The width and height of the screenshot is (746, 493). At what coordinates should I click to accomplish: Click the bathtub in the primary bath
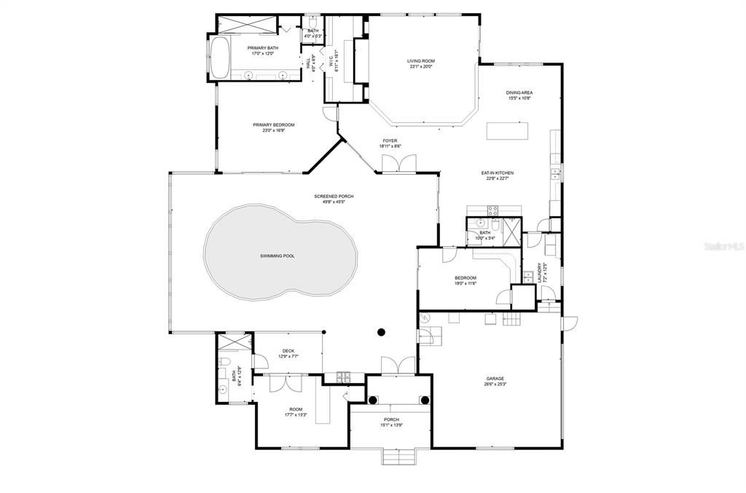point(219,58)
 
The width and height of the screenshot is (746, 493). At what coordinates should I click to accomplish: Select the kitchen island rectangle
point(509,130)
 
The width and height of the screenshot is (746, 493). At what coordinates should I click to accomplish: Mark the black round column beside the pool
point(380,332)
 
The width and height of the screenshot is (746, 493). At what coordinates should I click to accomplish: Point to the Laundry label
point(539,274)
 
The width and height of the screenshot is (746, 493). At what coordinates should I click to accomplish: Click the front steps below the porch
point(398,458)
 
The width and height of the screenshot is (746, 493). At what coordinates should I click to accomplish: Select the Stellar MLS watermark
point(723,248)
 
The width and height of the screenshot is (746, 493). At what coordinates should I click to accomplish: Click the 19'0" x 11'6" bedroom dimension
point(466,283)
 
